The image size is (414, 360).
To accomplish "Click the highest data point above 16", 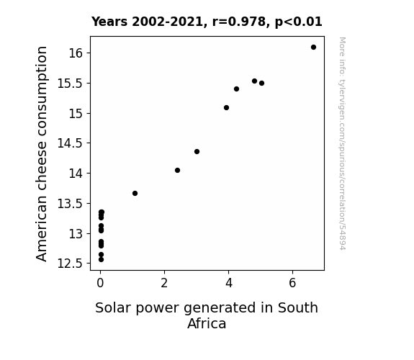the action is pos(313,48).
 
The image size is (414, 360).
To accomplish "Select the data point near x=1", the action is pos(135,194).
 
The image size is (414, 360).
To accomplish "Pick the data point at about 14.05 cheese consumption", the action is pos(177,171).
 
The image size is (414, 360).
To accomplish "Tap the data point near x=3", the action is pos(197,152).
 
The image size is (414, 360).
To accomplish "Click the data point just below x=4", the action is pos(226,108).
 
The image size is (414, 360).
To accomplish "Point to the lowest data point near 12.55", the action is pos(101,260).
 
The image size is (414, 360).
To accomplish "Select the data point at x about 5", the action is pos(261,84).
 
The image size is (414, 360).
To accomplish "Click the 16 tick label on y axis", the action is pos(76,53).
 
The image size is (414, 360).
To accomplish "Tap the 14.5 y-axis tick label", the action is pos(71,143).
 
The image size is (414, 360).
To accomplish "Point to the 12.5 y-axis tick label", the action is pos(71,264).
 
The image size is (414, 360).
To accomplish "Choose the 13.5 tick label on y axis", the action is pos(71,204).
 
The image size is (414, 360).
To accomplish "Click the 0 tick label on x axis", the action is pos(100,283).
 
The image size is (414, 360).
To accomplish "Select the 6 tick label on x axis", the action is pos(292,283).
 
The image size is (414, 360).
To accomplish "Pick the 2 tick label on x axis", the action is pos(164,283).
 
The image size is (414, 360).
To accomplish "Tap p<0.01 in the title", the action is pos(299,22).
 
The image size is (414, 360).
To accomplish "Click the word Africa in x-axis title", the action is pos(207,323).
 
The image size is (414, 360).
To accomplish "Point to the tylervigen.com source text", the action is pos(342,143).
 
